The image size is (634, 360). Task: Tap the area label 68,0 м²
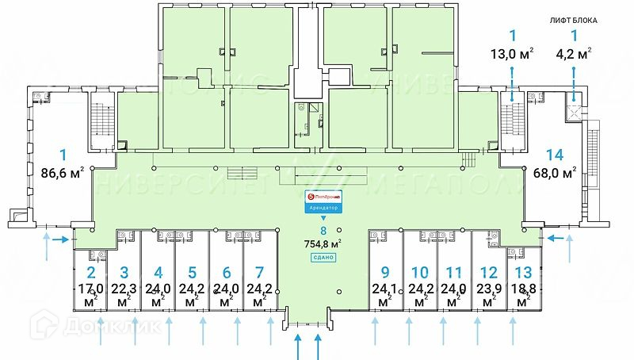[x=554, y=174]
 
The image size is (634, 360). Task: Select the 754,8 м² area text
[x=323, y=244]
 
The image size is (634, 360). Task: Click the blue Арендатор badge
[x=323, y=208]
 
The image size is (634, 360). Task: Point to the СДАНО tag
[x=323, y=259]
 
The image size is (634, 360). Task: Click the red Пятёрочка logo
[x=323, y=194]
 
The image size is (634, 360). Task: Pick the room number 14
[x=554, y=156]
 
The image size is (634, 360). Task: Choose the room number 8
[x=323, y=230]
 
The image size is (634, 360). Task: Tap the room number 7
[x=259, y=272]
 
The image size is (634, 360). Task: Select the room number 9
[x=384, y=272]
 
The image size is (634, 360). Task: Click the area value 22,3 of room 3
[x=124, y=289]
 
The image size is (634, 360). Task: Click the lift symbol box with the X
[x=573, y=110]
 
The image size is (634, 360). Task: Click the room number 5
[x=191, y=272]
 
